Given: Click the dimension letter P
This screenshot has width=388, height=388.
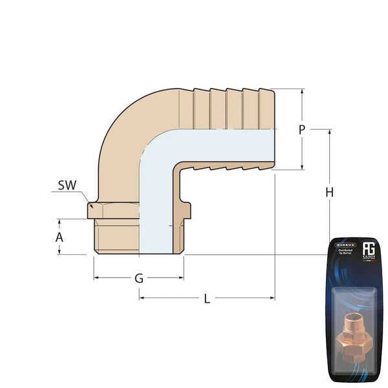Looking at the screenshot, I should coord(301,129).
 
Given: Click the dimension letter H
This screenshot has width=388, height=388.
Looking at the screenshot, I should coord(330,193).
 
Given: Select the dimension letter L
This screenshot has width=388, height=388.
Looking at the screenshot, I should coord(207,298).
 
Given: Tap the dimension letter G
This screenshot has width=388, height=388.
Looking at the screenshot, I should coord(138,279).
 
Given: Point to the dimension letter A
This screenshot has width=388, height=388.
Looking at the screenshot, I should coord(59,237).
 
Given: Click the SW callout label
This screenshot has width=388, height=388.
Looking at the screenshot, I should coord(67,185).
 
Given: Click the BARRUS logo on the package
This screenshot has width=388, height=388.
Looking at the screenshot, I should coord(343,246).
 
